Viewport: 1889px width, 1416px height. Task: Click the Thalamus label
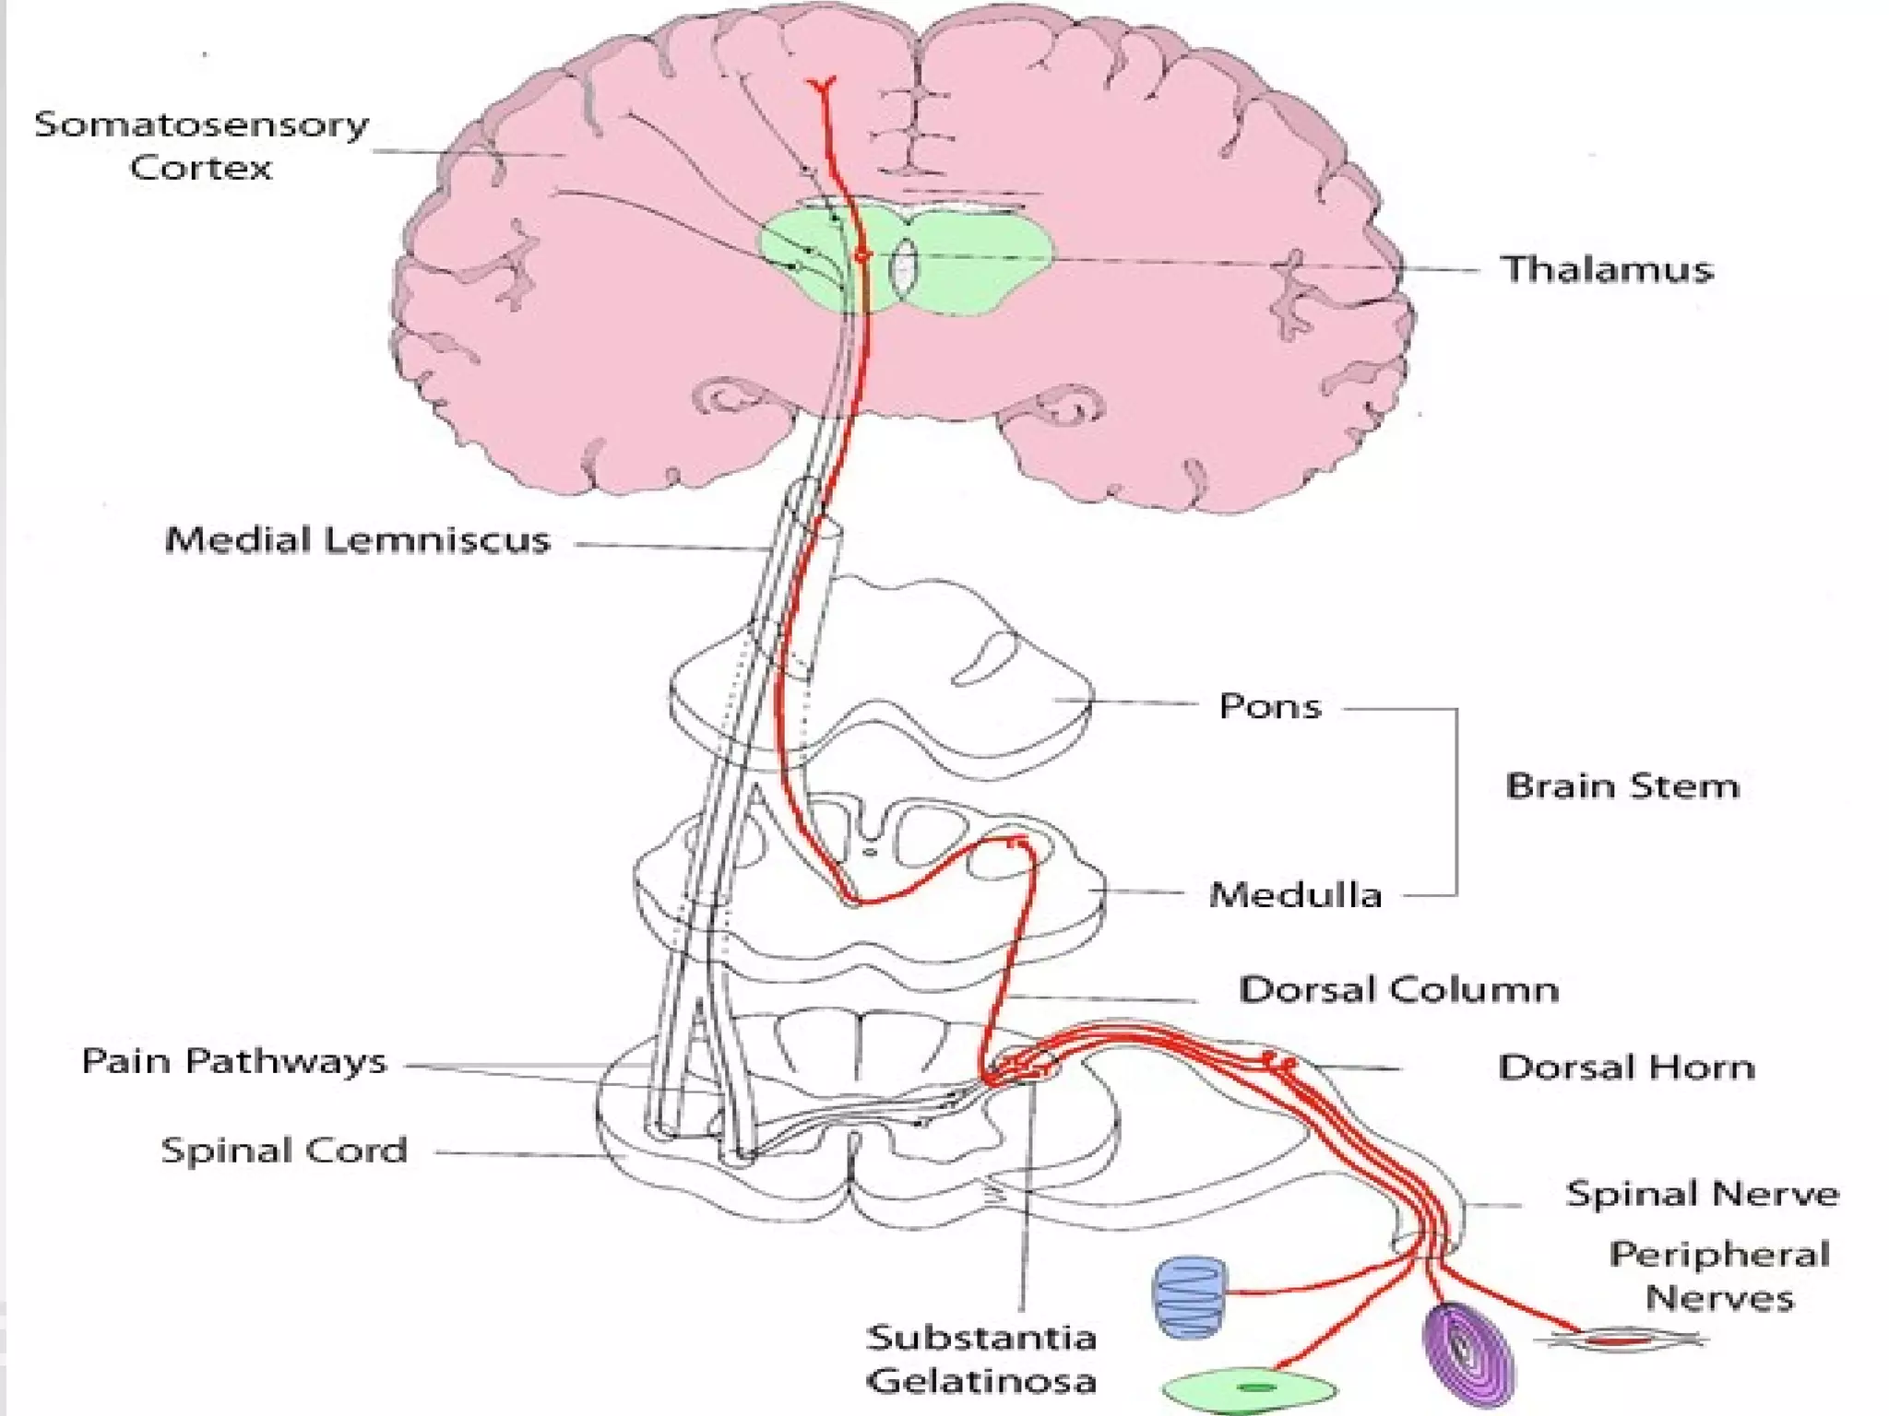(1606, 269)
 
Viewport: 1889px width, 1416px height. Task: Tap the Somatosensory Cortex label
(201, 146)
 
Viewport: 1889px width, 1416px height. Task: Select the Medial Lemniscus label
(357, 540)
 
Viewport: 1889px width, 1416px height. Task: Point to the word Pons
(1269, 707)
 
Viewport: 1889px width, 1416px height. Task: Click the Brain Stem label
(1622, 786)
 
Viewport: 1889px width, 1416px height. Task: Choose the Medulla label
(1295, 895)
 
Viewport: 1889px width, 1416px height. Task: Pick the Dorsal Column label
(1398, 990)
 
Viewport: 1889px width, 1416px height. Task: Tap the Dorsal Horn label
(1625, 1068)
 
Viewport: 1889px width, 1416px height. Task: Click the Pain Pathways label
(233, 1061)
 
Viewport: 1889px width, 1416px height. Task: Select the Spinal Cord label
(284, 1150)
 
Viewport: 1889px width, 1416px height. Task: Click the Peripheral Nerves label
(1718, 1277)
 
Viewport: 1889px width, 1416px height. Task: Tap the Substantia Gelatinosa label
(981, 1359)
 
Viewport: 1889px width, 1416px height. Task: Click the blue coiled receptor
(1190, 1296)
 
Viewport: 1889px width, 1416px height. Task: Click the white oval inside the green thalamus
(904, 267)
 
